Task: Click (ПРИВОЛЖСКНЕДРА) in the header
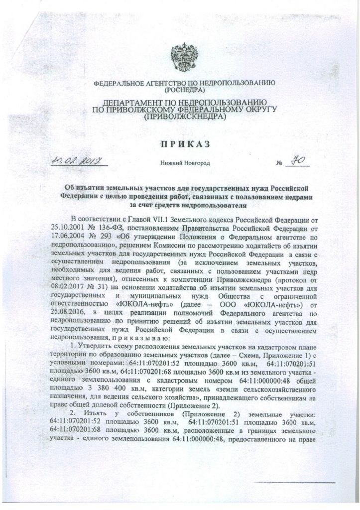pyautogui.click(x=184, y=118)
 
